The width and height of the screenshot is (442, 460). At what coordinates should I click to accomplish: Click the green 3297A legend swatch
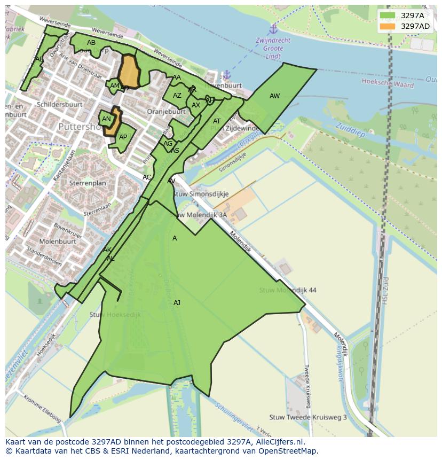(x=388, y=16)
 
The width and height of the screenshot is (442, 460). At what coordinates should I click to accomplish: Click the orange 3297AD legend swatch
(x=388, y=26)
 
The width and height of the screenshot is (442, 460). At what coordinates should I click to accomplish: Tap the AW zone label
(x=274, y=96)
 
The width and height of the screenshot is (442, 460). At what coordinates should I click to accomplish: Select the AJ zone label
(x=177, y=303)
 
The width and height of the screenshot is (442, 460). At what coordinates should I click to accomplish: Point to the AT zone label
(x=217, y=121)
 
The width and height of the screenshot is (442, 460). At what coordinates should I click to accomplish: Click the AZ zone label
(x=177, y=96)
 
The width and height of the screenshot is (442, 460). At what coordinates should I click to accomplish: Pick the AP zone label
(x=123, y=137)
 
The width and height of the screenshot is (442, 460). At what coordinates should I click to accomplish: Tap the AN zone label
(x=106, y=119)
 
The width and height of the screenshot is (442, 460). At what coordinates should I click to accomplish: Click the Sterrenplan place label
(x=88, y=183)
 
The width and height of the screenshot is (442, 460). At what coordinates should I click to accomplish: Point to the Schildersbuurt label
(x=59, y=104)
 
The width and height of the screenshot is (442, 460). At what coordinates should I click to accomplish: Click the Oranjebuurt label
(x=166, y=112)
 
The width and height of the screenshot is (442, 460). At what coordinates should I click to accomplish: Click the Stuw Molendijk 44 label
(x=288, y=290)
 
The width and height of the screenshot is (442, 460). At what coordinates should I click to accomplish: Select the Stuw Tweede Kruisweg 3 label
(x=308, y=417)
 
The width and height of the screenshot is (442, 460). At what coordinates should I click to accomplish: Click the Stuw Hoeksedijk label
(x=115, y=315)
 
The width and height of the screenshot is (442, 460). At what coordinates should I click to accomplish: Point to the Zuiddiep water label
(x=350, y=130)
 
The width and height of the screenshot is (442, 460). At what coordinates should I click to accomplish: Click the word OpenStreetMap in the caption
(x=288, y=451)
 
